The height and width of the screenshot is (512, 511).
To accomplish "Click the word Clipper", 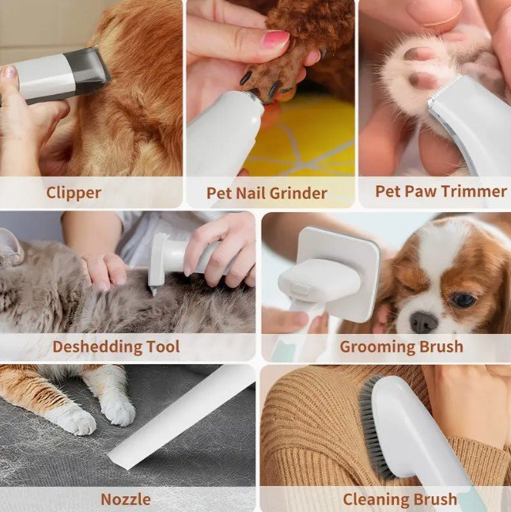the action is (x=74, y=192).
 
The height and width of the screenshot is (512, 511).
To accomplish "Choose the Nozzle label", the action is (x=126, y=499).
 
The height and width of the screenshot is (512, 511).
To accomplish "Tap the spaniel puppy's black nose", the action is (x=423, y=322).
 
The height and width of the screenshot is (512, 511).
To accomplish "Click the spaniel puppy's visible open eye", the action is (x=463, y=300).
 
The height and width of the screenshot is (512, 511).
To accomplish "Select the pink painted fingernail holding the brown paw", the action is (x=276, y=39).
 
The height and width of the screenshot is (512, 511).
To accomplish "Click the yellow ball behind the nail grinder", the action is (x=304, y=137).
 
